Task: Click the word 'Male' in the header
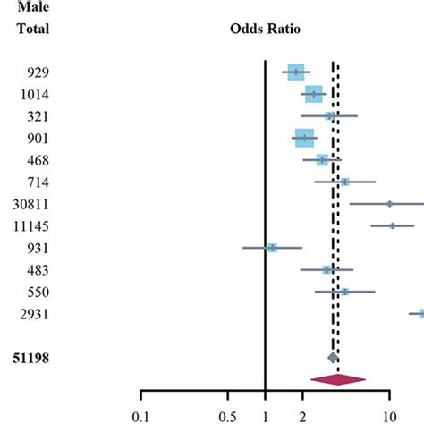pos(33,7)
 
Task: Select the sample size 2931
pos(35,314)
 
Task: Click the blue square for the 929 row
pos(296,72)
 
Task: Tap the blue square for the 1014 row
pos(313,94)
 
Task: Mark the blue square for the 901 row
pos(305,138)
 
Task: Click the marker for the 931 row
pos(272,248)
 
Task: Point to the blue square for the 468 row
pos(322,160)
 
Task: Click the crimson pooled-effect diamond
pos(337,380)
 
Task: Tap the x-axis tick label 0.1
pos(140,415)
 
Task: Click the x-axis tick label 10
pos(390,415)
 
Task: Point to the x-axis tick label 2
pos(302,415)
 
